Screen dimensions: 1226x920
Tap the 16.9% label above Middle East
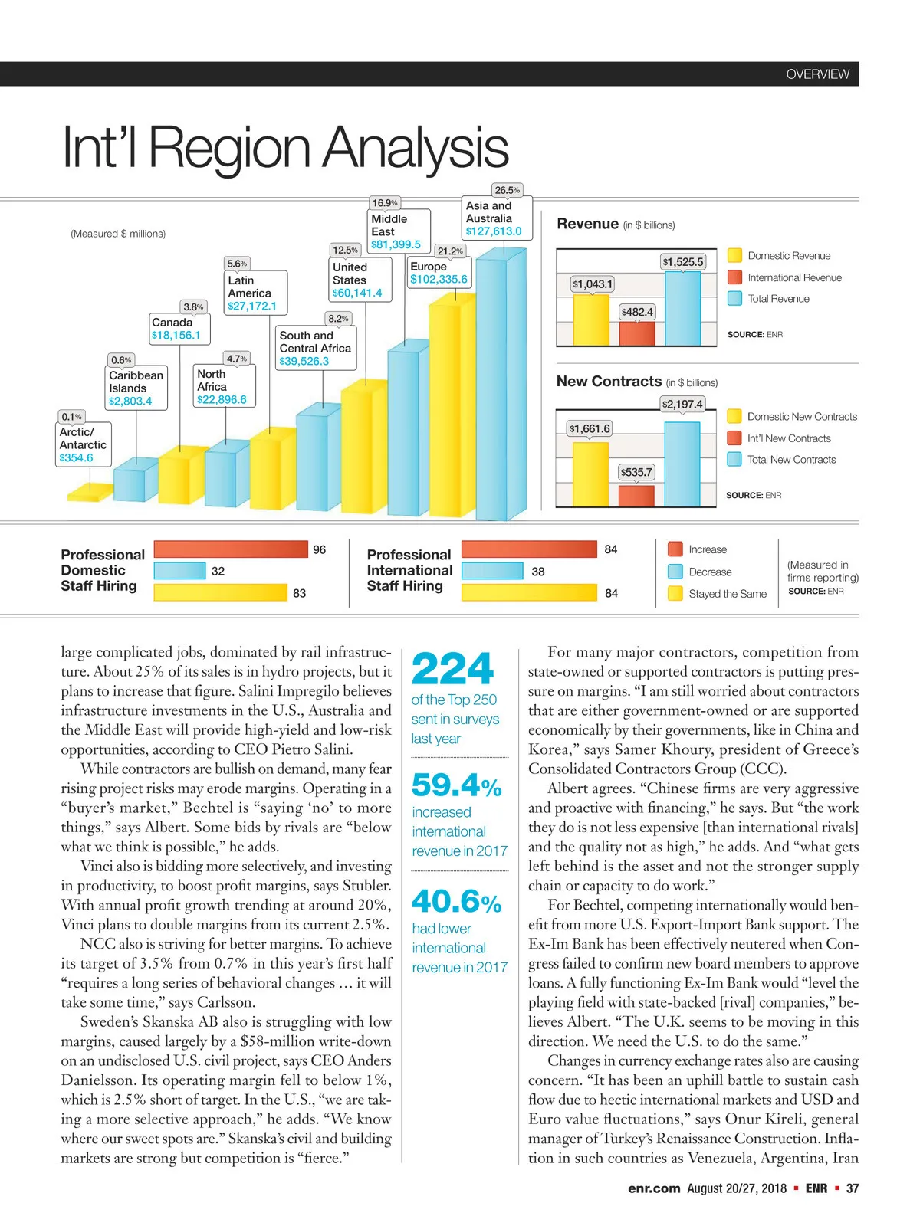tap(384, 203)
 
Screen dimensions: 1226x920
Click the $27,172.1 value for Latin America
tap(252, 306)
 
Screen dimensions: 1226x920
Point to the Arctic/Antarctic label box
tap(84, 444)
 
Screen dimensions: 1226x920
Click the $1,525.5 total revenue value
tap(682, 262)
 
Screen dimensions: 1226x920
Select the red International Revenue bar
tap(636, 333)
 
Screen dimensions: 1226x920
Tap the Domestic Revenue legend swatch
tap(734, 256)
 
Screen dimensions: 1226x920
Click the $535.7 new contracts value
tap(636, 472)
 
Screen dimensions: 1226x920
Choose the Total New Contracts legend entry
tap(791, 460)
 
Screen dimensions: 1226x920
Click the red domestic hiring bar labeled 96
tap(230, 549)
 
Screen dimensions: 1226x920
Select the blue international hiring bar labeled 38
tap(492, 571)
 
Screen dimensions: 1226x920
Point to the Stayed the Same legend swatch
tap(675, 593)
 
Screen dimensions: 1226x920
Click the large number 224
tap(452, 669)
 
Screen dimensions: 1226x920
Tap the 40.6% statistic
tap(456, 902)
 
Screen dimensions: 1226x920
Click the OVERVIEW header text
tap(817, 74)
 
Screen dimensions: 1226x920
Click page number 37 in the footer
tap(852, 1188)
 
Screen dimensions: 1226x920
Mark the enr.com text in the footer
tap(653, 1188)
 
